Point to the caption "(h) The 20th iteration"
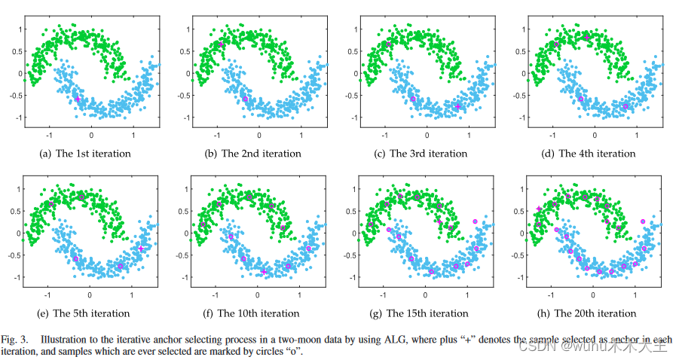click(589, 313)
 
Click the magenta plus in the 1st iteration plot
click(78, 99)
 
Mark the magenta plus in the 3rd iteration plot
click(458, 107)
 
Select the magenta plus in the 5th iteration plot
click(141, 249)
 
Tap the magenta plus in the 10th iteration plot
click(265, 271)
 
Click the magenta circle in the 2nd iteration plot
click(245, 99)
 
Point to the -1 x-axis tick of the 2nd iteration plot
click(218, 135)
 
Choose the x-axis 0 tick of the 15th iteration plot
click(426, 294)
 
